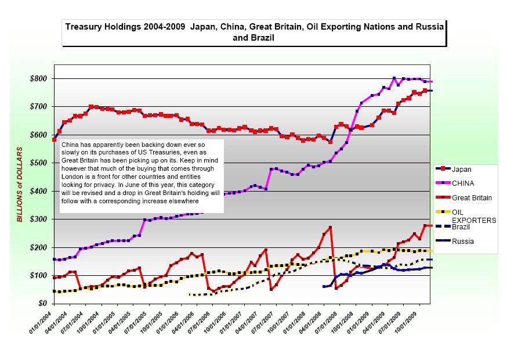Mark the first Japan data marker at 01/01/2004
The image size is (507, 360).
(54, 139)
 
